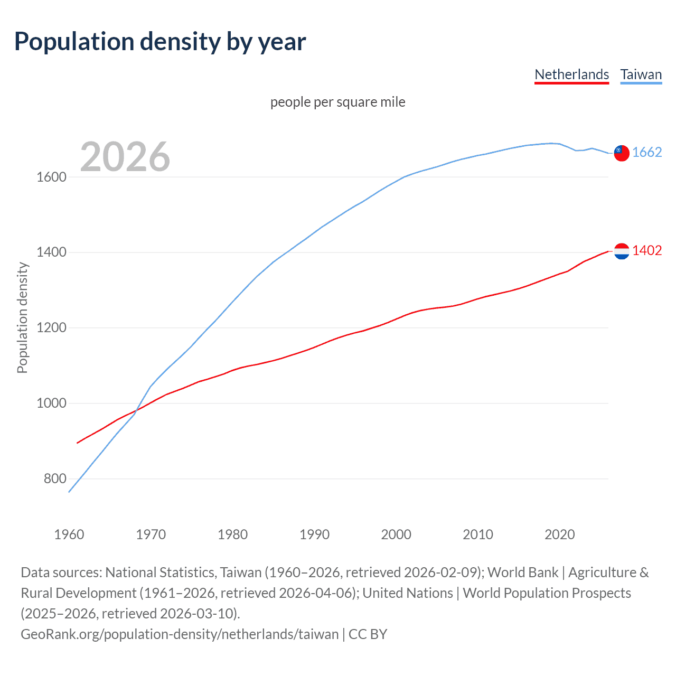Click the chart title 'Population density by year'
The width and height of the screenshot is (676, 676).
[x=160, y=42]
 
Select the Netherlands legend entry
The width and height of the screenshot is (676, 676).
[x=571, y=74]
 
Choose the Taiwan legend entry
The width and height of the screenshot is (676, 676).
[x=641, y=74]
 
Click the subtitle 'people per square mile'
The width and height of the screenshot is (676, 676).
[x=337, y=102]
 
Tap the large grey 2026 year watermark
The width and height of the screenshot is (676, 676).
[x=125, y=157]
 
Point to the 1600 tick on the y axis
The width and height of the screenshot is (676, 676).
[x=51, y=177]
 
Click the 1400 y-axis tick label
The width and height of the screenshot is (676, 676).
[x=51, y=252]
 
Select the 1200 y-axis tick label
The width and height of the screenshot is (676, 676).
[x=51, y=328]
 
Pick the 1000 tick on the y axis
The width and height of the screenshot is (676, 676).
[x=51, y=403]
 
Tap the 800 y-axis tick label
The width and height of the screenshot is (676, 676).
[x=55, y=479]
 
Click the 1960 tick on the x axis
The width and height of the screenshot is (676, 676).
[x=69, y=534]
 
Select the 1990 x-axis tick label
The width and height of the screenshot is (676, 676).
[x=314, y=534]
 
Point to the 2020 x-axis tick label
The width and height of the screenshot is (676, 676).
[x=559, y=534]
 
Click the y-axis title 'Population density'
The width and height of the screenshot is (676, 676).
[x=22, y=318]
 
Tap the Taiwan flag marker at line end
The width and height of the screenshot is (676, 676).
[x=622, y=153]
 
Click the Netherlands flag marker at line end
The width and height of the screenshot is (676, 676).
[x=622, y=251]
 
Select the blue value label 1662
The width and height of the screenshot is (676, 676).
[x=647, y=153]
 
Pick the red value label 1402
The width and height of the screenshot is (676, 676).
[x=647, y=251]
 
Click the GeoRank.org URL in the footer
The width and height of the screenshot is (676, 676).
[x=180, y=634]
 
